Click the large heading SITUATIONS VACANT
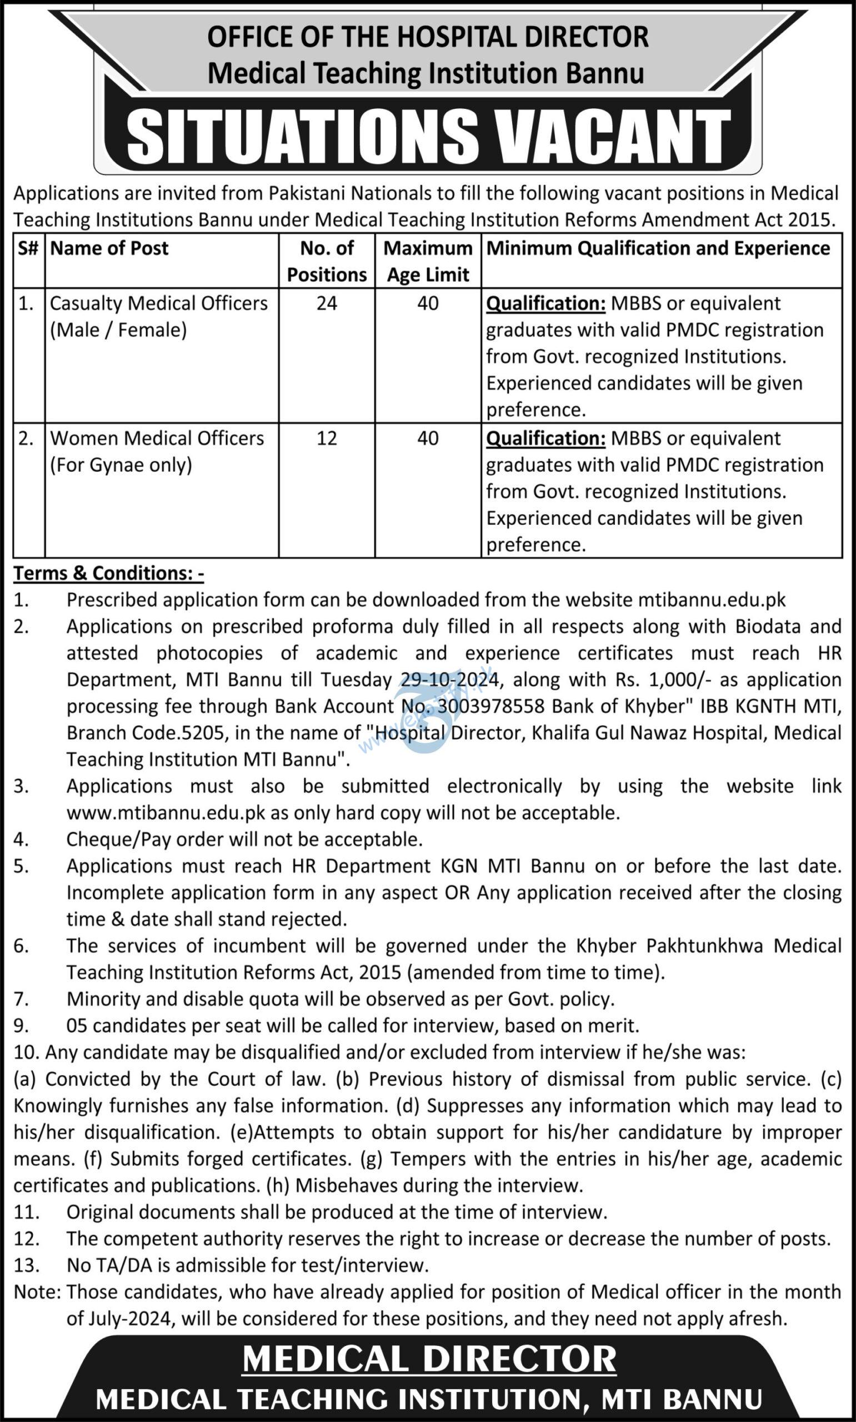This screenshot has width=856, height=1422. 428,136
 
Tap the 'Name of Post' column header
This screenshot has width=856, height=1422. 109,248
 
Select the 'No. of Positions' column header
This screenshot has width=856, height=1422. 327,261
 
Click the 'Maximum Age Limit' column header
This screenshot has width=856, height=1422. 427,261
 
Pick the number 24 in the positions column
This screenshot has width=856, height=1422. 327,303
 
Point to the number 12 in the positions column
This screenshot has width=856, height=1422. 327,438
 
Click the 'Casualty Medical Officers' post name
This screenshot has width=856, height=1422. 159,303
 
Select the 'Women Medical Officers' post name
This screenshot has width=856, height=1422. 157,438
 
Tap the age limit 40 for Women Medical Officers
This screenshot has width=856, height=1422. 427,438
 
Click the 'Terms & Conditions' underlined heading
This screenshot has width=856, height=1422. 108,573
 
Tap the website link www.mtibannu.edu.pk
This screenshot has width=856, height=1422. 166,813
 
